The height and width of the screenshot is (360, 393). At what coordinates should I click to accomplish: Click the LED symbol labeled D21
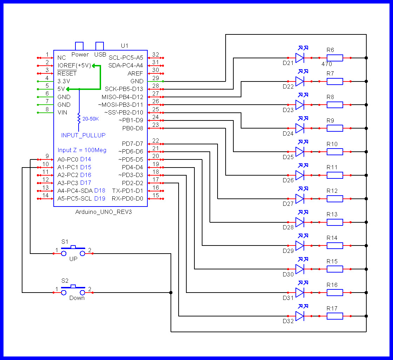[x=299, y=58]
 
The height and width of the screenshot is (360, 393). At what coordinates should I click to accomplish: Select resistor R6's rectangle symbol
[x=335, y=58]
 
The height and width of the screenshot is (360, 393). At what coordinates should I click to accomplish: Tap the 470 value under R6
[x=326, y=64]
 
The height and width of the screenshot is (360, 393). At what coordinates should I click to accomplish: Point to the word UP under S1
[x=73, y=259]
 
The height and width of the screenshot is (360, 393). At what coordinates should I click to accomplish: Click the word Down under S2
[x=77, y=298]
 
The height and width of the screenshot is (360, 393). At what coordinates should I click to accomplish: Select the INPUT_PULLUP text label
[x=83, y=135]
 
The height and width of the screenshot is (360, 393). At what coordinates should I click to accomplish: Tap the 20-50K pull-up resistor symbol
[x=79, y=118]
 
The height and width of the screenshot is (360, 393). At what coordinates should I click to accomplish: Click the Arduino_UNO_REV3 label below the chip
[x=104, y=212]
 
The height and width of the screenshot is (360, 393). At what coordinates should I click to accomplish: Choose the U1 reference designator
[x=125, y=46]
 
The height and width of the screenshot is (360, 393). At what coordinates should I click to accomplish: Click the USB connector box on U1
[x=100, y=46]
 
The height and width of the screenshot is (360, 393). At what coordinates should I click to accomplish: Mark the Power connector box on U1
[x=79, y=46]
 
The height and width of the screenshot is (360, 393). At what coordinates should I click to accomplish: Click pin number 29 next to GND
[x=155, y=78]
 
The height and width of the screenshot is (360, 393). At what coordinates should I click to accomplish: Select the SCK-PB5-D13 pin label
[x=124, y=89]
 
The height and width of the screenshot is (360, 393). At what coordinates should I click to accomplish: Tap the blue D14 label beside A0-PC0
[x=86, y=159]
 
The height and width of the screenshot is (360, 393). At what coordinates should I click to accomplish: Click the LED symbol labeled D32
[x=299, y=316]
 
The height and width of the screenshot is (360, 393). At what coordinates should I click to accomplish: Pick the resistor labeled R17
[x=335, y=316]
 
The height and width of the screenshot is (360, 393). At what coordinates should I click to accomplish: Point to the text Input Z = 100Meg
[x=82, y=150]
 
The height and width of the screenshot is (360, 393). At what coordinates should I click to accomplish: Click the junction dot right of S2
[x=171, y=292]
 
